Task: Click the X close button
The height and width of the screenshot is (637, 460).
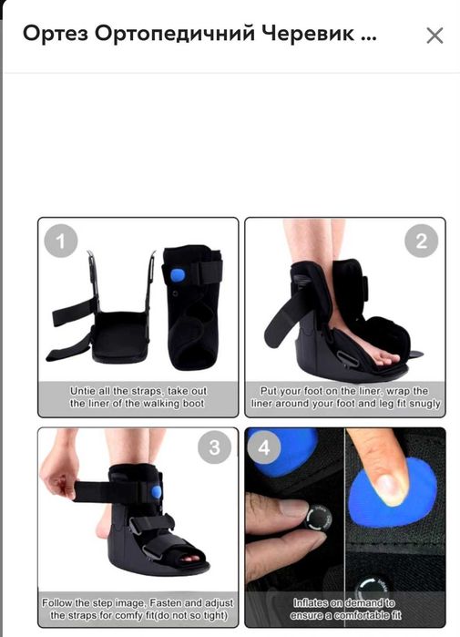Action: click(434, 36)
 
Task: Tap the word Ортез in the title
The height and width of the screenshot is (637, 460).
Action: click(56, 34)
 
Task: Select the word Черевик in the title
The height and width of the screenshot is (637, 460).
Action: click(307, 34)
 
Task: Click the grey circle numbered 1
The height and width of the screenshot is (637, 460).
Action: click(61, 241)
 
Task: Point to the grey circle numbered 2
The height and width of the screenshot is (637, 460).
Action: click(422, 241)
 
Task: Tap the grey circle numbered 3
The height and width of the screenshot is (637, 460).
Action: click(214, 447)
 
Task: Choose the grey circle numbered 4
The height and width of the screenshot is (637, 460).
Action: click(264, 447)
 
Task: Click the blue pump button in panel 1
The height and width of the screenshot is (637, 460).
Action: click(177, 276)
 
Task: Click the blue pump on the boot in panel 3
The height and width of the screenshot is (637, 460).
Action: click(157, 492)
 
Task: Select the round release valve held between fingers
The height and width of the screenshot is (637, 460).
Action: click(319, 518)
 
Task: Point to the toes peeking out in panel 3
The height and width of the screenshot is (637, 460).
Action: click(189, 559)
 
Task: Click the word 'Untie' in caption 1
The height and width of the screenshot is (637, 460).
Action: click(83, 391)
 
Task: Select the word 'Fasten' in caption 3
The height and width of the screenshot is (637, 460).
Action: click(169, 602)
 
